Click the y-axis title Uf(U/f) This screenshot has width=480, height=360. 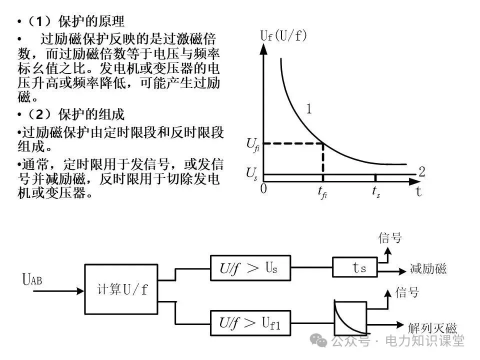click(283, 35)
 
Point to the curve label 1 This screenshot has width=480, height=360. click(309, 109)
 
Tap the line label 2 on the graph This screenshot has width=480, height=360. click(421, 172)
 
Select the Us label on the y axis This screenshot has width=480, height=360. click(252, 174)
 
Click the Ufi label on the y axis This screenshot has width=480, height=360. click(253, 144)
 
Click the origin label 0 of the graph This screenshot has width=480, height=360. click(263, 189)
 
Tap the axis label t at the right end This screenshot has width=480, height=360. click(418, 192)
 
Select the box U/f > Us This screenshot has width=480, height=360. click(249, 268)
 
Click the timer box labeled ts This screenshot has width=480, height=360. click(357, 268)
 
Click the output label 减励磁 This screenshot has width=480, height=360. click(428, 269)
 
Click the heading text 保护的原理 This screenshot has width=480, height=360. click(91, 21)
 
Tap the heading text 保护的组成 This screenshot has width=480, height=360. click(91, 114)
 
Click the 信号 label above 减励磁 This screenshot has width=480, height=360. click(390, 238)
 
